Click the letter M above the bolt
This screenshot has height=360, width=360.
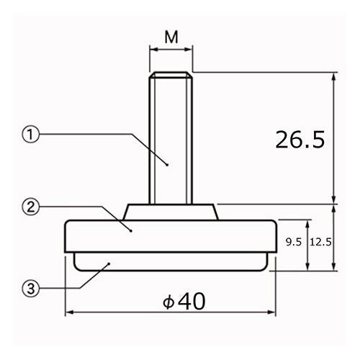coord(171,37)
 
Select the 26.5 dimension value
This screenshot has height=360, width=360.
coord(300,140)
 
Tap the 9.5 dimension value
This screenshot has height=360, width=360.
coord(294,242)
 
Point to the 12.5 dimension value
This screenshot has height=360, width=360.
coord(320,242)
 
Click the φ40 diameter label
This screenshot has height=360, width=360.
coord(184,301)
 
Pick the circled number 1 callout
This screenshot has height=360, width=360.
coord(30,135)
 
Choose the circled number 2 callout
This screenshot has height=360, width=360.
coord(30,207)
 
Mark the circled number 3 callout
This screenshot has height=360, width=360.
coord(30,289)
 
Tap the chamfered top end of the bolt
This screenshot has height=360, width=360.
coord(171,75)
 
